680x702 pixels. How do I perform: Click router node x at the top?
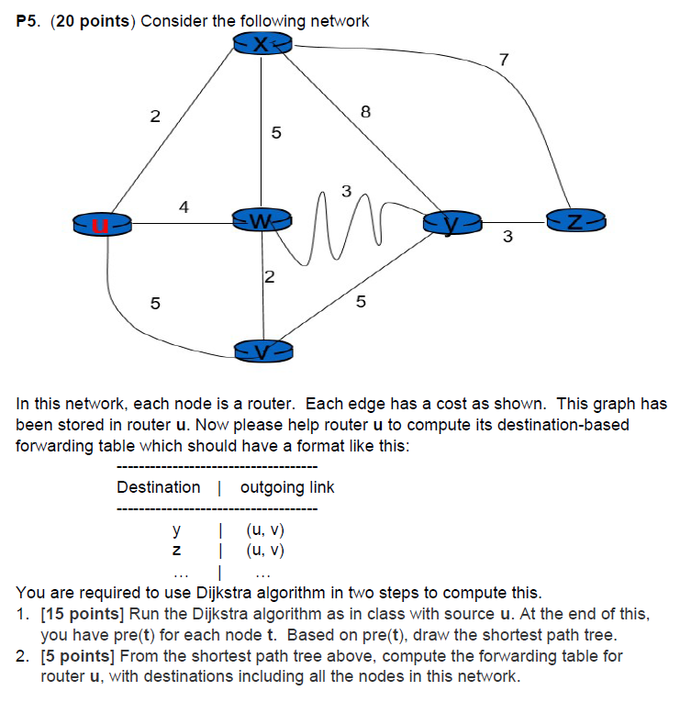pyautogui.click(x=262, y=44)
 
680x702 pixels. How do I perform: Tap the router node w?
pyautogui.click(x=262, y=221)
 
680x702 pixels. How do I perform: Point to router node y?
pyautogui.click(x=450, y=221)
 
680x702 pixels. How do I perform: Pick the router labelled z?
pyautogui.click(x=574, y=220)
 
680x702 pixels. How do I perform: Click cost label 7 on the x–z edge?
pyautogui.click(x=503, y=61)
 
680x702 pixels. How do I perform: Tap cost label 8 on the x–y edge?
pyautogui.click(x=365, y=113)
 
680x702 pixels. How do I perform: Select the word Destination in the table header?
pyautogui.click(x=159, y=487)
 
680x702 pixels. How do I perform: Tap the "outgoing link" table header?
pyautogui.click(x=287, y=487)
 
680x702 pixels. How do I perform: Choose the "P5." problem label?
pyautogui.click(x=30, y=20)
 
